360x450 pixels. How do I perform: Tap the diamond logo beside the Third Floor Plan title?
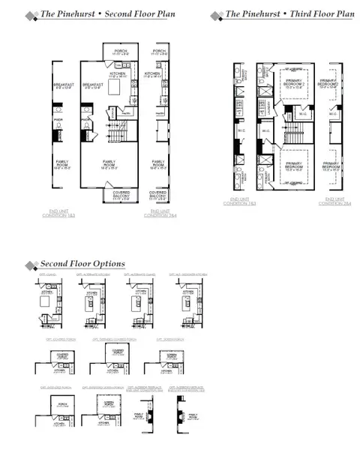click(x=216, y=15)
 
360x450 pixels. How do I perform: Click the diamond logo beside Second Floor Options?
click(x=31, y=265)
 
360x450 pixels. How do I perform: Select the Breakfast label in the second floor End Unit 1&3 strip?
click(x=61, y=86)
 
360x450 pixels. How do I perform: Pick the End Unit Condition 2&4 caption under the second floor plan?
click(x=160, y=214)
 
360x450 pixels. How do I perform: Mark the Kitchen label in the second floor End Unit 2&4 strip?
click(x=159, y=75)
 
